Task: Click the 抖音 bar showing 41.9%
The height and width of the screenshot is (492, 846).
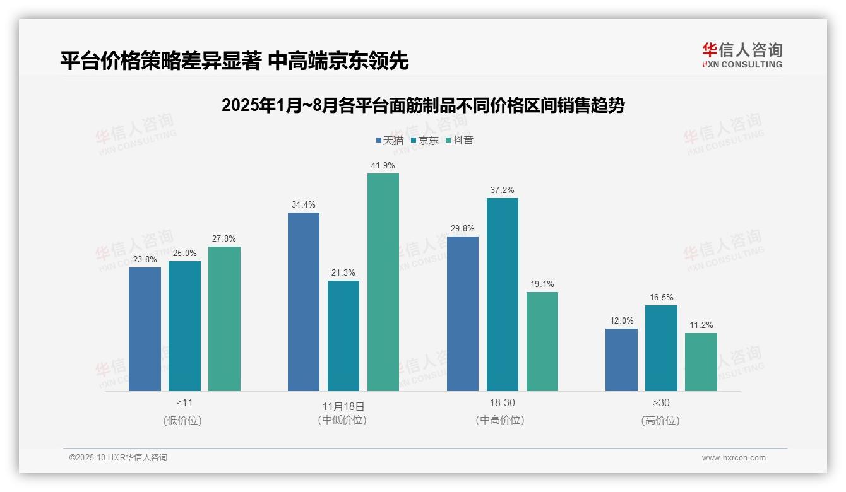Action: click(x=383, y=282)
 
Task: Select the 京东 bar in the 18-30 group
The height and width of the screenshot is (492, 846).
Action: click(x=502, y=295)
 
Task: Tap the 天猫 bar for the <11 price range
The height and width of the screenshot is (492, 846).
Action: click(x=145, y=329)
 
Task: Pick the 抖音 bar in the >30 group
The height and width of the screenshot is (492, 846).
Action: click(x=701, y=362)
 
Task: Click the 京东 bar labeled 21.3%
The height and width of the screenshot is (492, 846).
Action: click(x=343, y=336)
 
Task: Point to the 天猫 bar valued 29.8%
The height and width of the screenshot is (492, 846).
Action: click(x=463, y=313)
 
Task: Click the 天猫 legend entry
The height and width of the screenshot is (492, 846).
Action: click(x=390, y=140)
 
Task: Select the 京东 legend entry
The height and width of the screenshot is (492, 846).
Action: click(x=424, y=140)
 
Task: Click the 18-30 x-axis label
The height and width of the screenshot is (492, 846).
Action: click(x=502, y=402)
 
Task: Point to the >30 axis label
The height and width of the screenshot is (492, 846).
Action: click(x=661, y=402)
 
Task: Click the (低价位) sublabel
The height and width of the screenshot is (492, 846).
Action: click(x=182, y=420)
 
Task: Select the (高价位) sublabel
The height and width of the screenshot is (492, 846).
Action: click(x=660, y=420)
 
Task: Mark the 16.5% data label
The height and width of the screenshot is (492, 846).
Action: click(x=661, y=297)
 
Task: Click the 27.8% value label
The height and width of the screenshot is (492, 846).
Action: click(x=224, y=238)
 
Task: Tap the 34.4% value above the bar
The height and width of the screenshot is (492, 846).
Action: click(x=303, y=204)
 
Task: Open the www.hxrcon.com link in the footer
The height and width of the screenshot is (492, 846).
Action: click(x=734, y=458)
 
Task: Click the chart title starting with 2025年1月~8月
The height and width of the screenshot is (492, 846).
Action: click(x=422, y=105)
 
